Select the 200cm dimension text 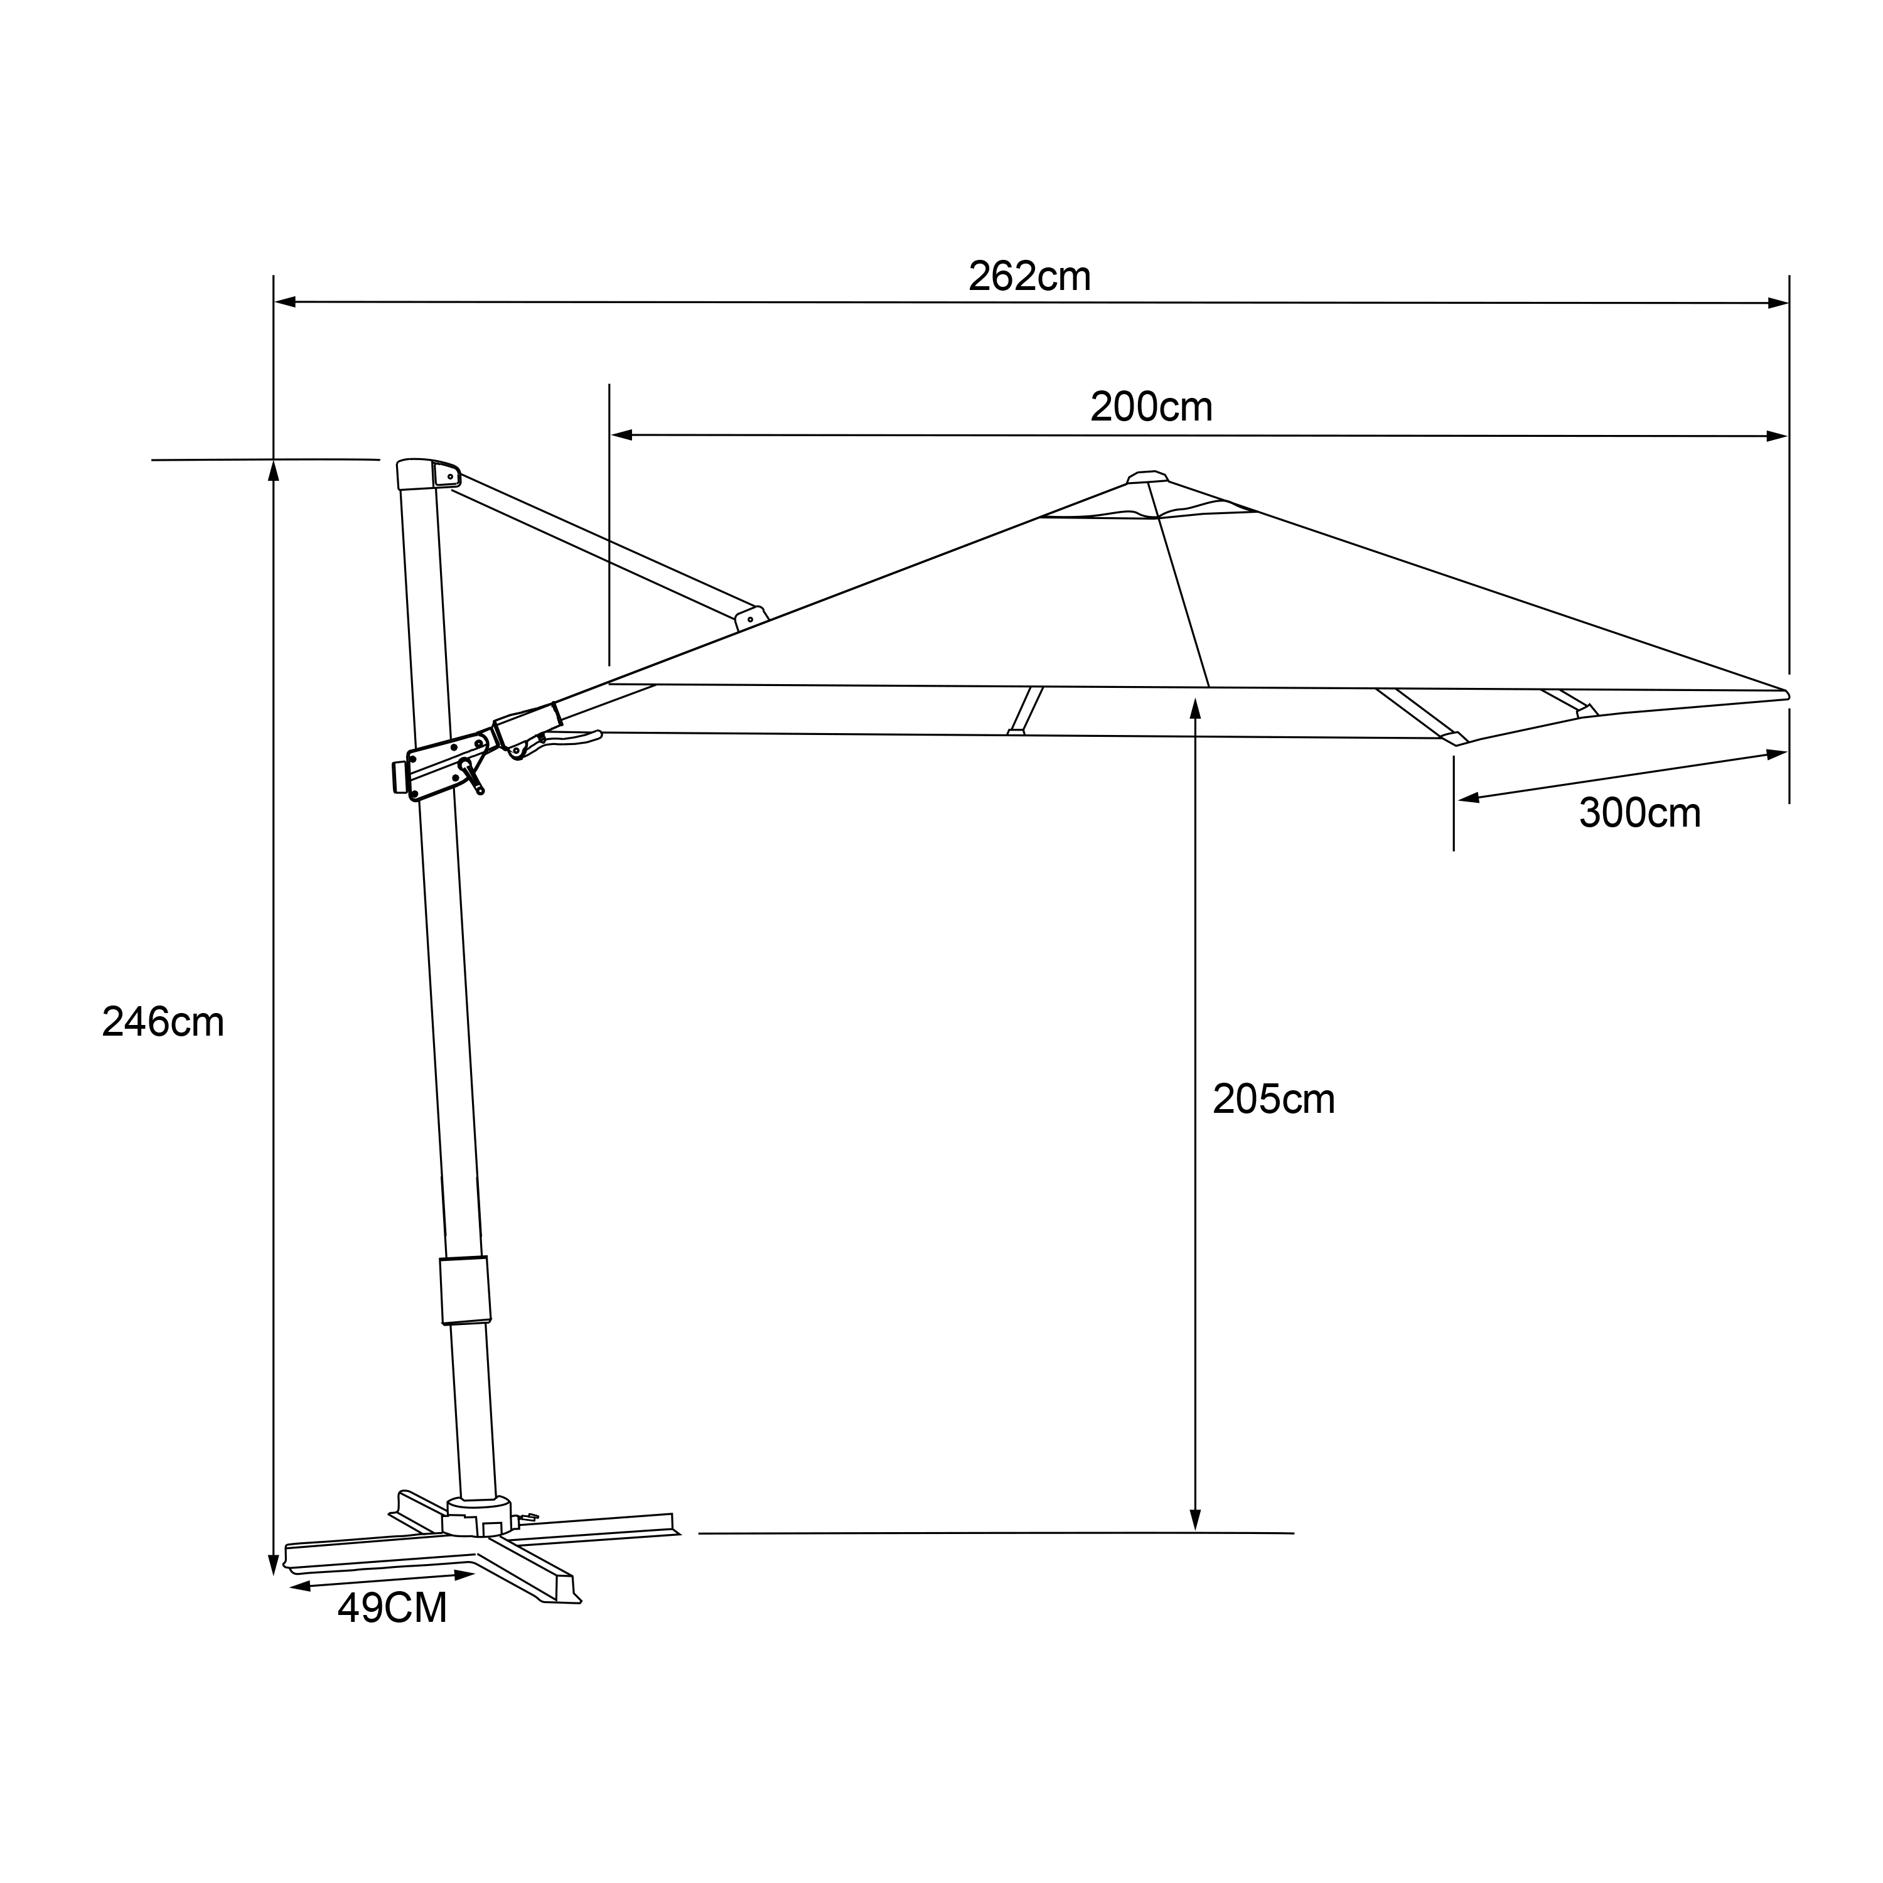(1151, 407)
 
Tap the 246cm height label (163, 1022)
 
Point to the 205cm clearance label (1273, 1100)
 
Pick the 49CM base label (392, 1608)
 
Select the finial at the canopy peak (1147, 476)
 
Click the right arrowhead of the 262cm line (1778, 303)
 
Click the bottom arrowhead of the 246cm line (273, 1565)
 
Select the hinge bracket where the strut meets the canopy (751, 617)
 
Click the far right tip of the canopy (1786, 694)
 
